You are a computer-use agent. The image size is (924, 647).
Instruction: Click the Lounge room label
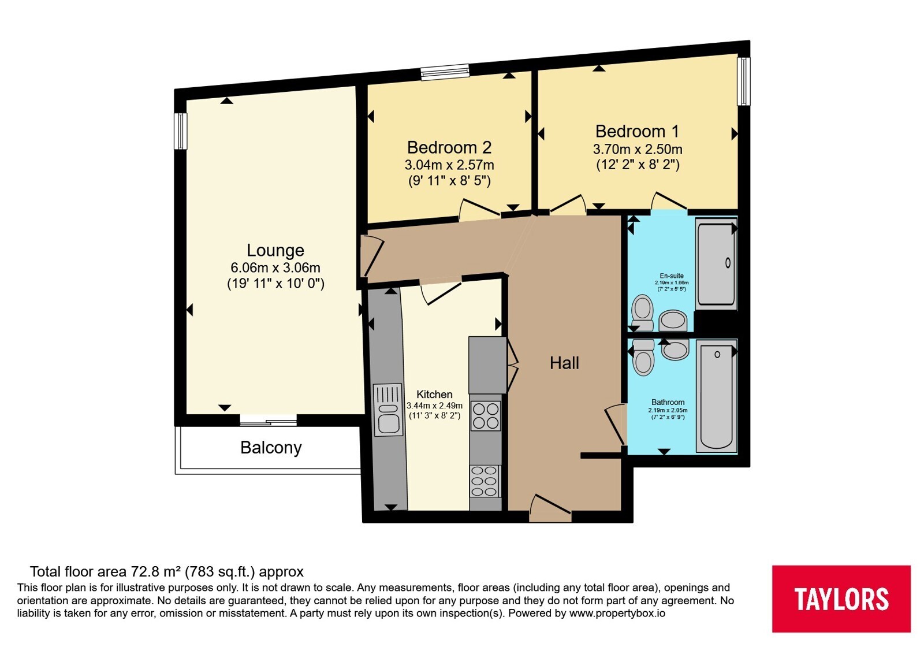pyautogui.click(x=275, y=251)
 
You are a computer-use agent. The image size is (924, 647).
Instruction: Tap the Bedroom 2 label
pyautogui.click(x=449, y=147)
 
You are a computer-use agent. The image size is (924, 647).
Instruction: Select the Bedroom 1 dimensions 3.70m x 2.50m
pyautogui.click(x=638, y=149)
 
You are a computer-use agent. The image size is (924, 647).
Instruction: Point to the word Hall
pyautogui.click(x=564, y=363)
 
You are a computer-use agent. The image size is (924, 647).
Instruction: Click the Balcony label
pyautogui.click(x=271, y=448)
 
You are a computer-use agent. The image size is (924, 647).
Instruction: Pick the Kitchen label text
pyautogui.click(x=434, y=394)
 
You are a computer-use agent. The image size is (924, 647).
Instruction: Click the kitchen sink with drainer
pyautogui.click(x=388, y=410)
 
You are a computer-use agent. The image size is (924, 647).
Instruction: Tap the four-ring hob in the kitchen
pyautogui.click(x=486, y=416)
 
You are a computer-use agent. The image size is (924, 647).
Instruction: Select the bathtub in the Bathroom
pyautogui.click(x=717, y=396)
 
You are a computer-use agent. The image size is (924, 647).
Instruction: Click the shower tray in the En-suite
pyautogui.click(x=716, y=264)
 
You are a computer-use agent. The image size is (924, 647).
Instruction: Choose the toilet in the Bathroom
pyautogui.click(x=643, y=358)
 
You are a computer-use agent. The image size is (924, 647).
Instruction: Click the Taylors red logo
pyautogui.click(x=841, y=598)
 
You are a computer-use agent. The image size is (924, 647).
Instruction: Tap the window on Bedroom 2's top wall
pyautogui.click(x=445, y=72)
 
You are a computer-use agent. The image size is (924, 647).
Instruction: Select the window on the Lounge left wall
pyautogui.click(x=181, y=131)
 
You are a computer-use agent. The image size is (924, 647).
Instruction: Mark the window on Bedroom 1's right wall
pyautogui.click(x=744, y=81)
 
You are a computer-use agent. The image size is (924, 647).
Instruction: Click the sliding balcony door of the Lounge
pyautogui.click(x=268, y=421)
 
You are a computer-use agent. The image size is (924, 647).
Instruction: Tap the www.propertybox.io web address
pyautogui.click(x=617, y=613)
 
